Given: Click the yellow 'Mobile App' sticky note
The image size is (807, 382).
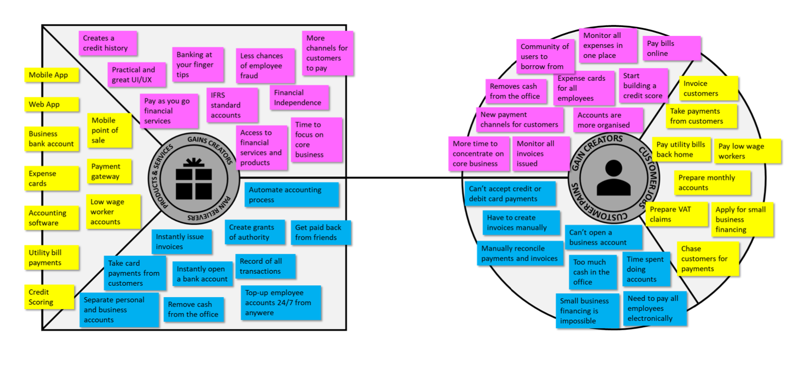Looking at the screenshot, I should pyautogui.click(x=51, y=75).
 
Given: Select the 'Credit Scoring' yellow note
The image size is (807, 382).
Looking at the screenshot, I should pyautogui.click(x=49, y=297).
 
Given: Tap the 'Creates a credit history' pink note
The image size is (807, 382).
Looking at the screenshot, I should pyautogui.click(x=107, y=43).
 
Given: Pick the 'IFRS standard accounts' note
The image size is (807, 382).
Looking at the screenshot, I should pyautogui.click(x=232, y=105).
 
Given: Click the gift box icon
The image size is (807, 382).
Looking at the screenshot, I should pyautogui.click(x=194, y=178).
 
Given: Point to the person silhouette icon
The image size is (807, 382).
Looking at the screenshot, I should pyautogui.click(x=613, y=178).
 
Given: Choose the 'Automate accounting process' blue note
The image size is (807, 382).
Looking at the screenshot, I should pyautogui.click(x=291, y=195).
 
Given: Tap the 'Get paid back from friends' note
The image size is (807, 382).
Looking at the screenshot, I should pyautogui.click(x=320, y=232).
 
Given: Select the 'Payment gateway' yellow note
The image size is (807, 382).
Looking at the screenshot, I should pyautogui.click(x=109, y=172).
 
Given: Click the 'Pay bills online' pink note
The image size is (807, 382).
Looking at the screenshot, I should pyautogui.click(x=671, y=48).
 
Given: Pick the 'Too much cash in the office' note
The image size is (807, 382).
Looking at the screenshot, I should pyautogui.click(x=592, y=272).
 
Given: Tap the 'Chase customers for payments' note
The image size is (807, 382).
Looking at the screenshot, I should pyautogui.click(x=707, y=259).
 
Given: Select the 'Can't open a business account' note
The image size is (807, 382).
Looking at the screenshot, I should pyautogui.click(x=604, y=237).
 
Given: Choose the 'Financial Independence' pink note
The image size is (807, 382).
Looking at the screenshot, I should pyautogui.click(x=299, y=98).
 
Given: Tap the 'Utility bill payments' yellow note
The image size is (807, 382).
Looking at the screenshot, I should pyautogui.click(x=51, y=258).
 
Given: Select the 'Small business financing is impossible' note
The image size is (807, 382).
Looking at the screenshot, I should pyautogui.click(x=587, y=311).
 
